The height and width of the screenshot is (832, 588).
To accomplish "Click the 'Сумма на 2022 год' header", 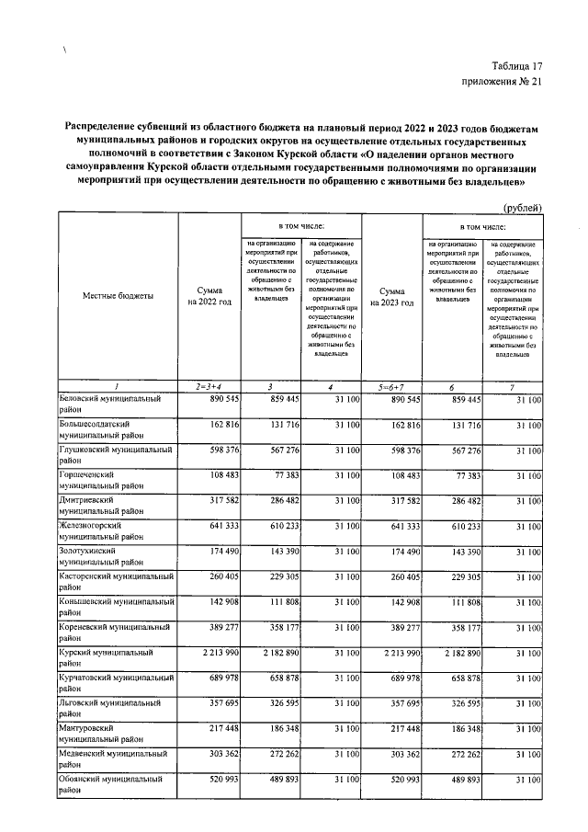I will (209, 295).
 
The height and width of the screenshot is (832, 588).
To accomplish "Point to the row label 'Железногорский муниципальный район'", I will (103, 530).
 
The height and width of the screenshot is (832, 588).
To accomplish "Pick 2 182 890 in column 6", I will (454, 652).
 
